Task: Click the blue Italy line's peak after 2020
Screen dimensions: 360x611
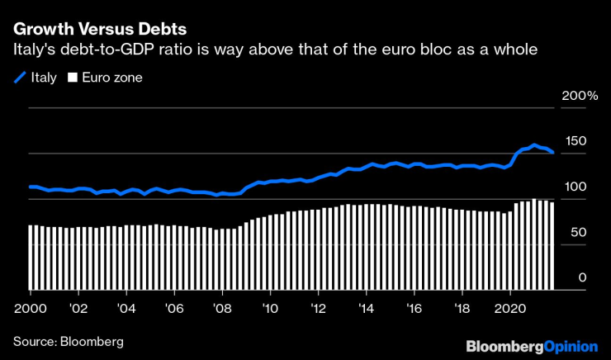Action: pos(534,145)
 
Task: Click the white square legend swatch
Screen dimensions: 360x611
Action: pos(72,78)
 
